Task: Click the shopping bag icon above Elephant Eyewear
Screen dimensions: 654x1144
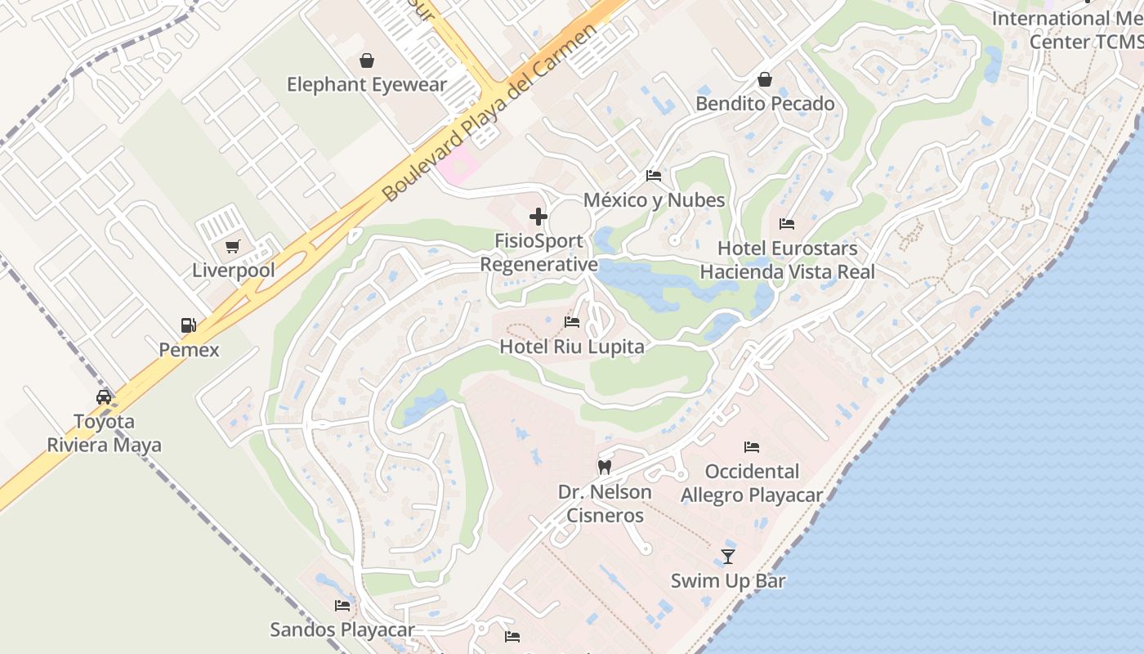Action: coord(367,60)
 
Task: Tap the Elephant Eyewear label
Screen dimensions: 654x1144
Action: coord(367,84)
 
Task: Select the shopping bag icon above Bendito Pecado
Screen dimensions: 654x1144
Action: coord(765,79)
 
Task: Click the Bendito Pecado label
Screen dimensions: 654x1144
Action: coord(765,104)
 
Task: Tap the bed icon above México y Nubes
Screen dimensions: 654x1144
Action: coord(653,176)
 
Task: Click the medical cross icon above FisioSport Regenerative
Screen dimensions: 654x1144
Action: coord(538,217)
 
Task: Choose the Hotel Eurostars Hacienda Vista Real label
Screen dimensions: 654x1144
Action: coord(787,260)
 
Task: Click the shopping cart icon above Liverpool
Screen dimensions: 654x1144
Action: coord(233,246)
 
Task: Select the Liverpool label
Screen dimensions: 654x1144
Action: coord(233,270)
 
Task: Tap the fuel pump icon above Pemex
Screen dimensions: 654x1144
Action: coord(189,325)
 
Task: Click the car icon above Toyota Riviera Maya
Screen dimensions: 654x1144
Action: coord(104,397)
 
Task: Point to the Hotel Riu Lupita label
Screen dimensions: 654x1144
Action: coord(571,347)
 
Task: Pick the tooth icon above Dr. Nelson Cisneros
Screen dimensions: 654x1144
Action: coord(605,468)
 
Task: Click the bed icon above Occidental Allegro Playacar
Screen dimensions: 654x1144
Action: coord(752,447)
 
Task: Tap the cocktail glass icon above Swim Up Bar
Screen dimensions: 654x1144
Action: coord(727,557)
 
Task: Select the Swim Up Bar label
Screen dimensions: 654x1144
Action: coord(727,581)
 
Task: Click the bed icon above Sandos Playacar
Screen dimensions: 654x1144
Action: coord(342,606)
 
